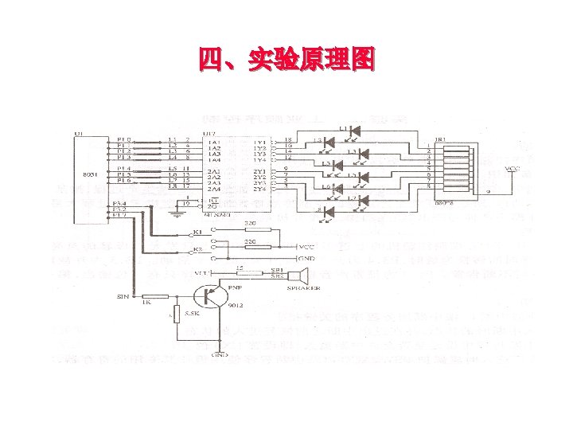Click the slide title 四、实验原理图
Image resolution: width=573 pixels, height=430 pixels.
pyautogui.click(x=286, y=59)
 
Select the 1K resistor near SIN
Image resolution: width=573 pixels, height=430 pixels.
pyautogui.click(x=157, y=296)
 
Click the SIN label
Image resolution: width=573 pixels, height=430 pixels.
pyautogui.click(x=123, y=296)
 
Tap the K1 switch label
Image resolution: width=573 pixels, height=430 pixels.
pyautogui.click(x=197, y=232)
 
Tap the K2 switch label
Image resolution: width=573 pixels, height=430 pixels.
pyautogui.click(x=197, y=250)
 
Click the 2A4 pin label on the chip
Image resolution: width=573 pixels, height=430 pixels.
pyautogui.click(x=214, y=189)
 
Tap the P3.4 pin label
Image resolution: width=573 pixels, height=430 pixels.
pyautogui.click(x=120, y=205)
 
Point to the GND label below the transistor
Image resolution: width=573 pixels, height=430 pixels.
pyautogui.click(x=220, y=355)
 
